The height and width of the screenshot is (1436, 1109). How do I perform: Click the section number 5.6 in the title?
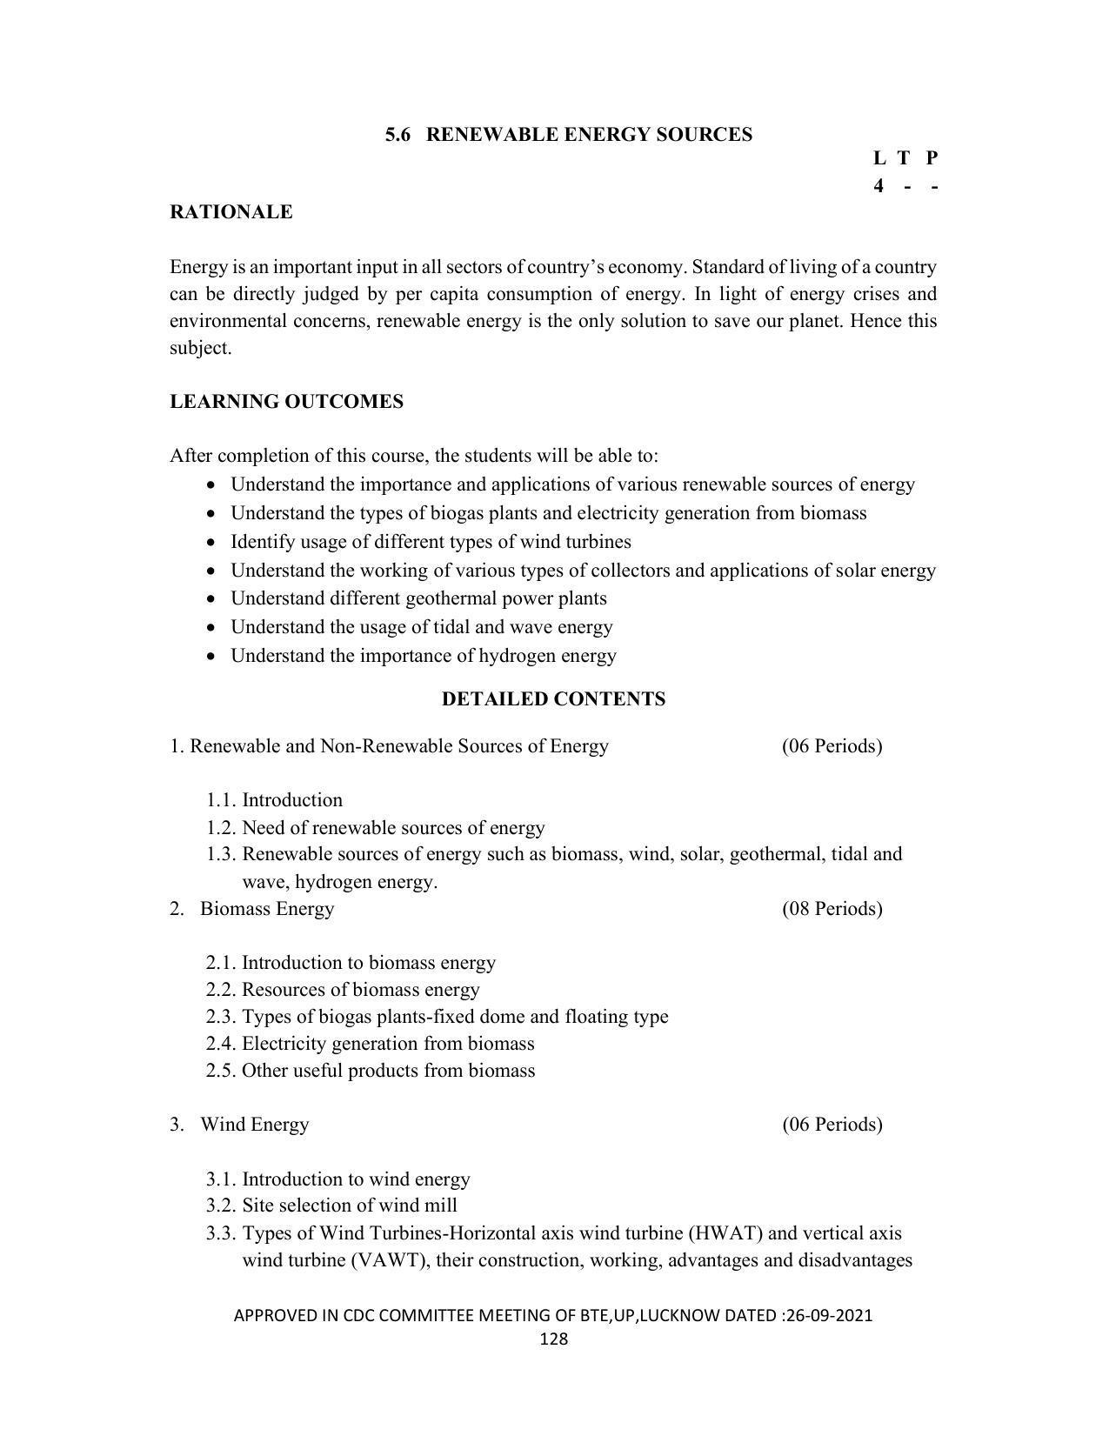pyautogui.click(x=398, y=135)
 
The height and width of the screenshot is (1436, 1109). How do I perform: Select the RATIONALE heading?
pyautogui.click(x=230, y=212)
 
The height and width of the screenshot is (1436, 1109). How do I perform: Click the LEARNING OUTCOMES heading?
pyautogui.click(x=286, y=402)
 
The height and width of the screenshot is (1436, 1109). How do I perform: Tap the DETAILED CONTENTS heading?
pyautogui.click(x=553, y=699)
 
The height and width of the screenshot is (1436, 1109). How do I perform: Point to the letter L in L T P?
pyautogui.click(x=879, y=158)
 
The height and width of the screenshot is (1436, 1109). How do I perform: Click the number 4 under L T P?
pyautogui.click(x=879, y=186)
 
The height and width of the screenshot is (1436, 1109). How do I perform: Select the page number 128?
pyautogui.click(x=553, y=1339)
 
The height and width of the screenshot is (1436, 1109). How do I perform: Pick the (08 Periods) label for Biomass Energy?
pyautogui.click(x=832, y=909)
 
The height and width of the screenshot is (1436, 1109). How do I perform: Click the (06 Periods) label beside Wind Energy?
pyautogui.click(x=832, y=1125)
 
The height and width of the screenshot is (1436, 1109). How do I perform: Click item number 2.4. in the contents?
pyautogui.click(x=222, y=1044)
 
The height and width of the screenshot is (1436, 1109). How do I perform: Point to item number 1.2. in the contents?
pyautogui.click(x=222, y=827)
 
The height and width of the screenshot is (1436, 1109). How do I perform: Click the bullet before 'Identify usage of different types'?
pyautogui.click(x=211, y=543)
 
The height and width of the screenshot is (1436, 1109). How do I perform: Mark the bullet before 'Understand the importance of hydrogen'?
pyautogui.click(x=211, y=657)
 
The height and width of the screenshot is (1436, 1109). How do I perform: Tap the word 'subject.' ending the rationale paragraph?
pyautogui.click(x=200, y=349)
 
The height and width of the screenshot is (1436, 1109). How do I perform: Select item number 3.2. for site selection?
pyautogui.click(x=222, y=1206)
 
